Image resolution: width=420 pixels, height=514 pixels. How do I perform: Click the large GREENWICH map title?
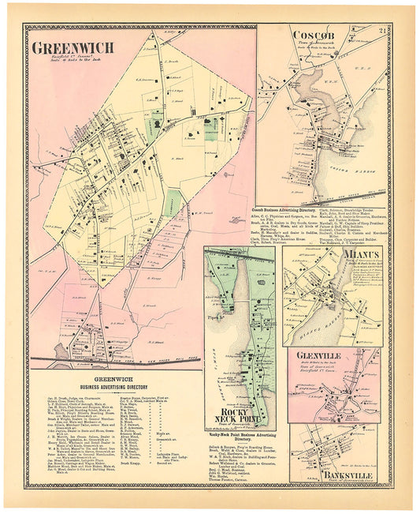coord(72,47)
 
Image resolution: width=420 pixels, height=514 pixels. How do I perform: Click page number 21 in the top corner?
coord(381,31)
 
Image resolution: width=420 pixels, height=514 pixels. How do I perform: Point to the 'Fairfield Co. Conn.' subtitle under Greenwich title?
coord(55,57)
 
